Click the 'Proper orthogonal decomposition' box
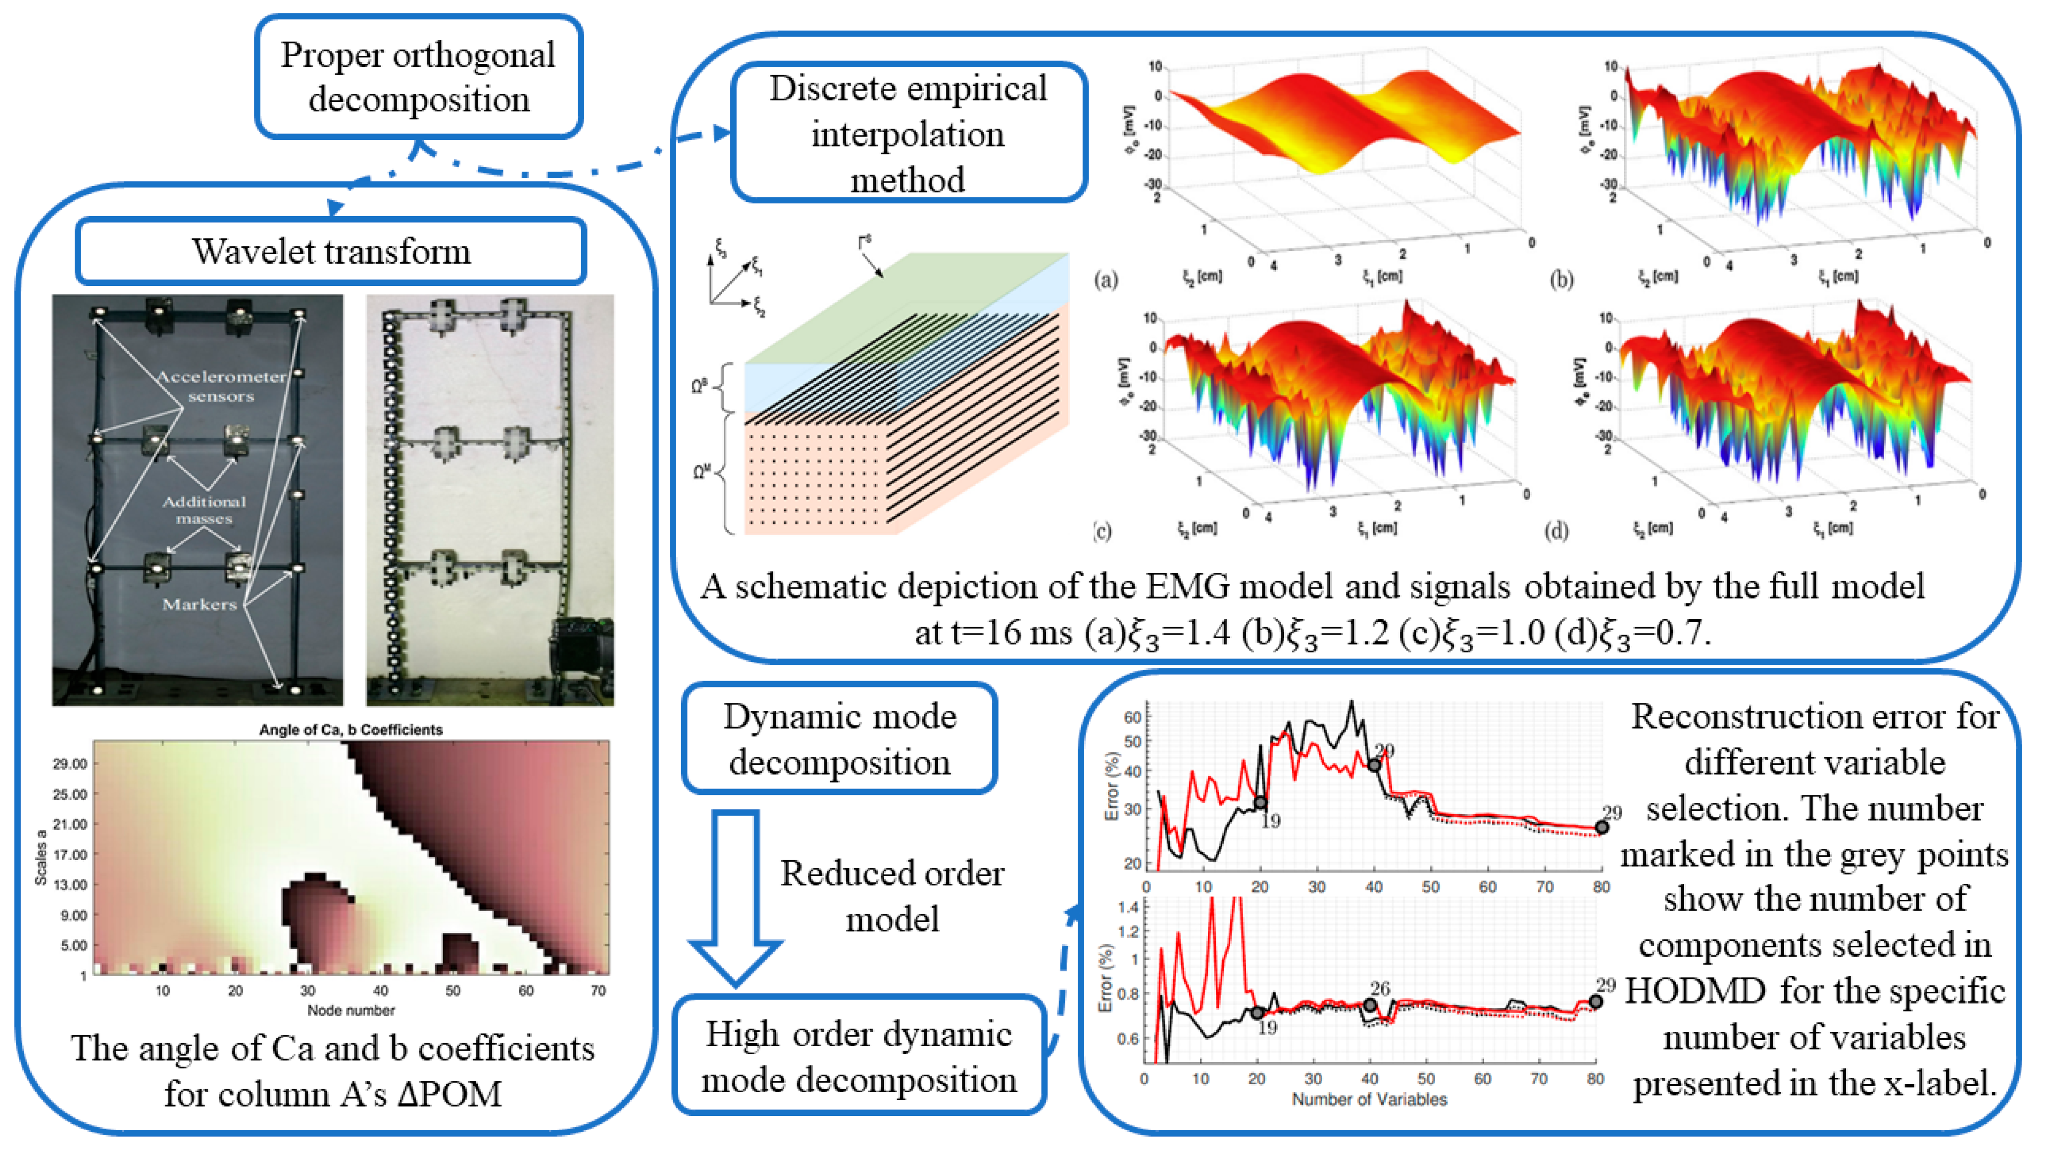tap(418, 77)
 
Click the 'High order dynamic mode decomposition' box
tap(858, 1056)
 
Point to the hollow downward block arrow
tap(736, 898)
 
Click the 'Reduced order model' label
tap(892, 896)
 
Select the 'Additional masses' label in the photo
tap(204, 509)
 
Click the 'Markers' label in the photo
tap(200, 604)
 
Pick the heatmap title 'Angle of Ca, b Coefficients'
tap(350, 730)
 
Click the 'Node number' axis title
tap(350, 1010)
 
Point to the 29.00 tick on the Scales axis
tap(69, 764)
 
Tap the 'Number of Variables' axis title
tap(1369, 1099)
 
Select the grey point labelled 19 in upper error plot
tap(1260, 803)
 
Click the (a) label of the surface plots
tap(1106, 279)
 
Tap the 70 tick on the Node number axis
tap(598, 991)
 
